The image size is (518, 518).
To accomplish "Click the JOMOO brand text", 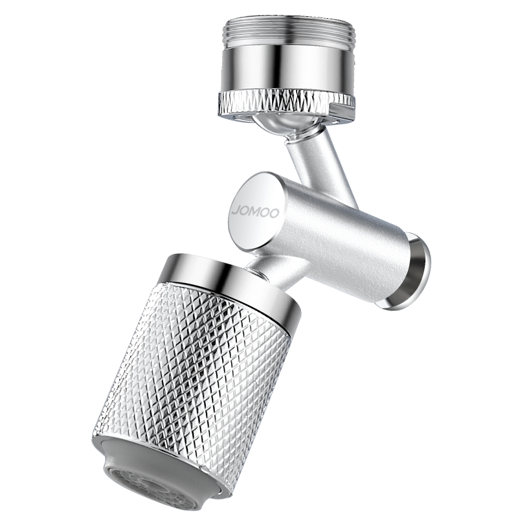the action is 255,212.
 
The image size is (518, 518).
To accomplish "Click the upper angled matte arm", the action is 317,159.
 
